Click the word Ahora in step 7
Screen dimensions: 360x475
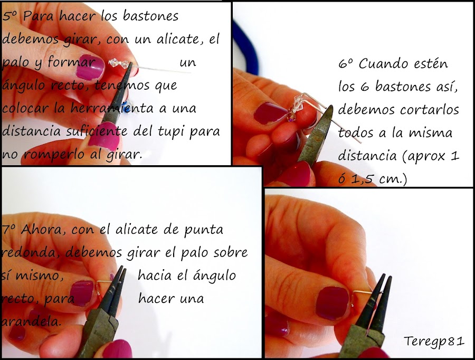tap(38, 230)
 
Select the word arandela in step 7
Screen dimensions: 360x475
tap(32, 321)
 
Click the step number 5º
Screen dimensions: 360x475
tap(11, 16)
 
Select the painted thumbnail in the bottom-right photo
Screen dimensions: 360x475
tap(331, 302)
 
